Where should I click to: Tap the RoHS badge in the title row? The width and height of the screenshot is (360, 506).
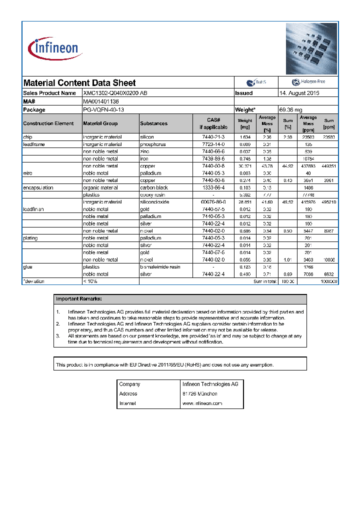tap(256, 82)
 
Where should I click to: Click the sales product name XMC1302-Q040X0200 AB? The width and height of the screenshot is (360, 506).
tap(115, 93)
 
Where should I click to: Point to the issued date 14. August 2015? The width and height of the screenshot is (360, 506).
tap(299, 93)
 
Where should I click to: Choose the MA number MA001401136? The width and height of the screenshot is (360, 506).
tap(101, 101)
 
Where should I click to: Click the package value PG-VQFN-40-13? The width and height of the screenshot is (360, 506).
tap(103, 109)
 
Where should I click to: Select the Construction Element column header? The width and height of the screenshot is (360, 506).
tap(48, 123)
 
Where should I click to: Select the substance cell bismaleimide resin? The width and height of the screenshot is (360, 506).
tap(160, 267)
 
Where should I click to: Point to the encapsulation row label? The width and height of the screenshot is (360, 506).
tap(38, 187)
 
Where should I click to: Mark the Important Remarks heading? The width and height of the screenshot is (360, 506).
tap(79, 299)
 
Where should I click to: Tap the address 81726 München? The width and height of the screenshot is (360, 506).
tap(199, 393)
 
